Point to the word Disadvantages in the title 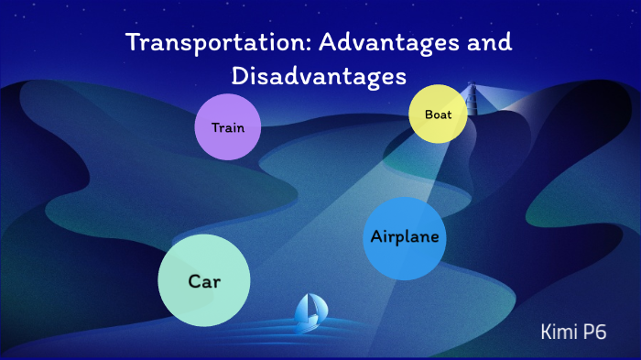319,77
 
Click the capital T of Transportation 132,44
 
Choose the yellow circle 439,115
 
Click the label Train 228,127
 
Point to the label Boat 439,115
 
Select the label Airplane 405,236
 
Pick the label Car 205,281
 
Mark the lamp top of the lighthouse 473,90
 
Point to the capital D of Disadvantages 239,77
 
